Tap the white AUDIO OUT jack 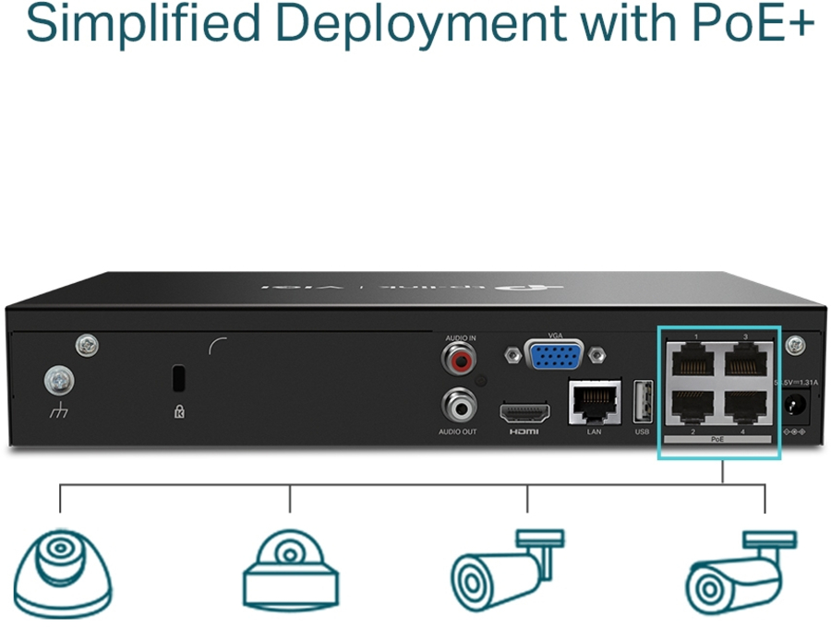tap(458, 403)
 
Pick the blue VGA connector tap(554, 355)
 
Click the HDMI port tap(524, 412)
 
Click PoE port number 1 tap(693, 358)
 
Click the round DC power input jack tap(795, 406)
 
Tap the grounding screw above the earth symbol tap(59, 379)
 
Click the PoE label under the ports tap(718, 440)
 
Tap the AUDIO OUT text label tap(458, 432)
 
